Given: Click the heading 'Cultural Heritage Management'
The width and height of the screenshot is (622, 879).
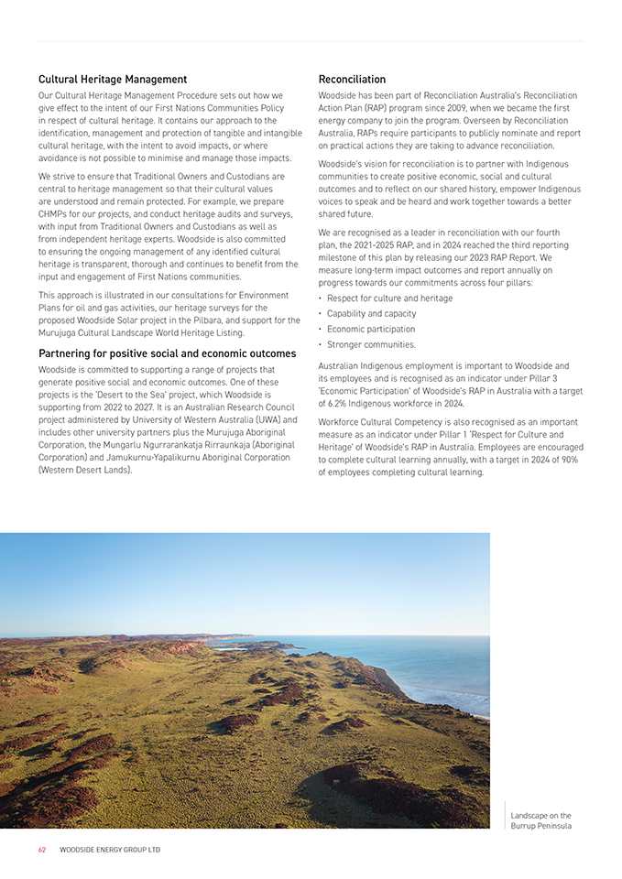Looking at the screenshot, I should click(x=113, y=80).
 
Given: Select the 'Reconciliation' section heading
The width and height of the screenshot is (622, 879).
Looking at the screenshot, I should click(x=352, y=80).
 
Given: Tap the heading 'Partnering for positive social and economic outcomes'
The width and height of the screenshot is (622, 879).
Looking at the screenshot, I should click(x=167, y=353).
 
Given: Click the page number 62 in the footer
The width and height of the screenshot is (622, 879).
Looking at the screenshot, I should click(x=42, y=850).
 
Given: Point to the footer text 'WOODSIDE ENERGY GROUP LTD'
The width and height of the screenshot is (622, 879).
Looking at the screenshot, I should click(x=110, y=850).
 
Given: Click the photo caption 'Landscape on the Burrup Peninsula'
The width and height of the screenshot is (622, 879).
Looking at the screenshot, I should click(x=540, y=820).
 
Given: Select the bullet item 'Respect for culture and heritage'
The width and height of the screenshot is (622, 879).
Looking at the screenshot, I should click(x=389, y=298).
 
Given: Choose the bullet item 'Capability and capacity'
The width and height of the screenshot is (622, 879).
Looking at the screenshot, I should click(x=371, y=313).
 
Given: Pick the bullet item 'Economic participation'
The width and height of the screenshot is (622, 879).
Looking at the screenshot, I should click(x=370, y=329).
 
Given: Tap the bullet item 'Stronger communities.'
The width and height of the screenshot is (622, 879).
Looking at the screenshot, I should click(x=371, y=344).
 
